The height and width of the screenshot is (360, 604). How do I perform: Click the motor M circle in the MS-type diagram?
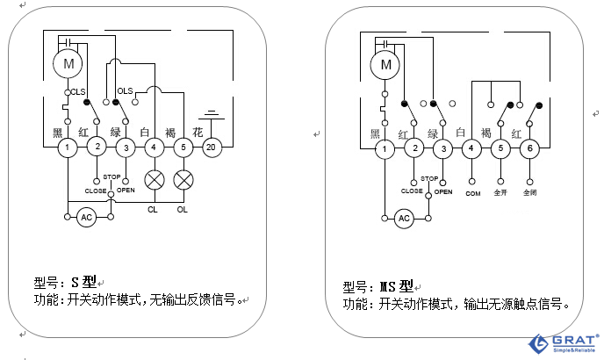(384, 63)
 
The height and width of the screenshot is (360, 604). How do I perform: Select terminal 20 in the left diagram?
(211, 148)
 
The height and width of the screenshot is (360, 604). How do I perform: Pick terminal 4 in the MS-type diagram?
(471, 148)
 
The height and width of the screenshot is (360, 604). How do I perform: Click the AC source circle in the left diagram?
(86, 217)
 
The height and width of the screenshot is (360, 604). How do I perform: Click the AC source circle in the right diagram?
(404, 218)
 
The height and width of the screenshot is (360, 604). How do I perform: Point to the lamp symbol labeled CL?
(155, 180)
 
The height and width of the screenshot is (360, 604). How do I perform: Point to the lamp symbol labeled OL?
(183, 180)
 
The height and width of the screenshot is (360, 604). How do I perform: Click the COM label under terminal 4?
(472, 192)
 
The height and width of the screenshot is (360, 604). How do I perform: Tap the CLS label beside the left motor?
(77, 91)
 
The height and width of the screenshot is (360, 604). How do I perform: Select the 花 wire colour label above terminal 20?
(198, 132)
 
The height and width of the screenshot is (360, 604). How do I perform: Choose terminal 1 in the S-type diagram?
(67, 148)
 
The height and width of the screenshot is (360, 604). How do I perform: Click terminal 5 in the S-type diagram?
(183, 148)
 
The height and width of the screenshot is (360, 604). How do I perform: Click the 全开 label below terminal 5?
(500, 192)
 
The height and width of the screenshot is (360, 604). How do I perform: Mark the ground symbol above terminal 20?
(211, 114)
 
